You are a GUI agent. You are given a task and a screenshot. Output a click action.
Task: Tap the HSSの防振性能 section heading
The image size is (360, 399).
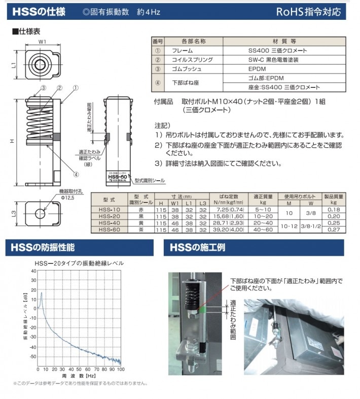click(43, 247)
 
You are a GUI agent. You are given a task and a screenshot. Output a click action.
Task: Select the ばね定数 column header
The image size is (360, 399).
click(229, 195)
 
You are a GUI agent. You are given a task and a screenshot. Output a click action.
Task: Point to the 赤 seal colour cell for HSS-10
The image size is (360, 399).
click(137, 209)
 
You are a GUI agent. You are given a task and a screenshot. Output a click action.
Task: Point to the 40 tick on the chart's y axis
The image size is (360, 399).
click(33, 271)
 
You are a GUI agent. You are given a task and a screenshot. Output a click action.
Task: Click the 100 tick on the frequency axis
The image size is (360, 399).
click(120, 369)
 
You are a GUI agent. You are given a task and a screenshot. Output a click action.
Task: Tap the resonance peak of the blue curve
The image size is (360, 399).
click(41, 293)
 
